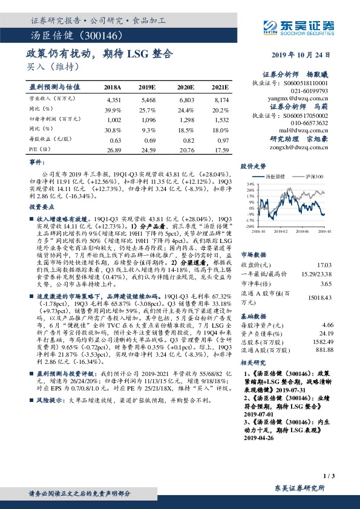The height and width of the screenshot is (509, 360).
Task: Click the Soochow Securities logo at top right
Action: (x=298, y=25)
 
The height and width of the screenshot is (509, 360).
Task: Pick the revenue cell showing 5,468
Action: (x=148, y=99)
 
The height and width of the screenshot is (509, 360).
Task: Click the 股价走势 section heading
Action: (x=254, y=164)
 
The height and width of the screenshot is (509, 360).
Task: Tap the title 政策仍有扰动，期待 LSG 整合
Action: (x=100, y=54)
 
